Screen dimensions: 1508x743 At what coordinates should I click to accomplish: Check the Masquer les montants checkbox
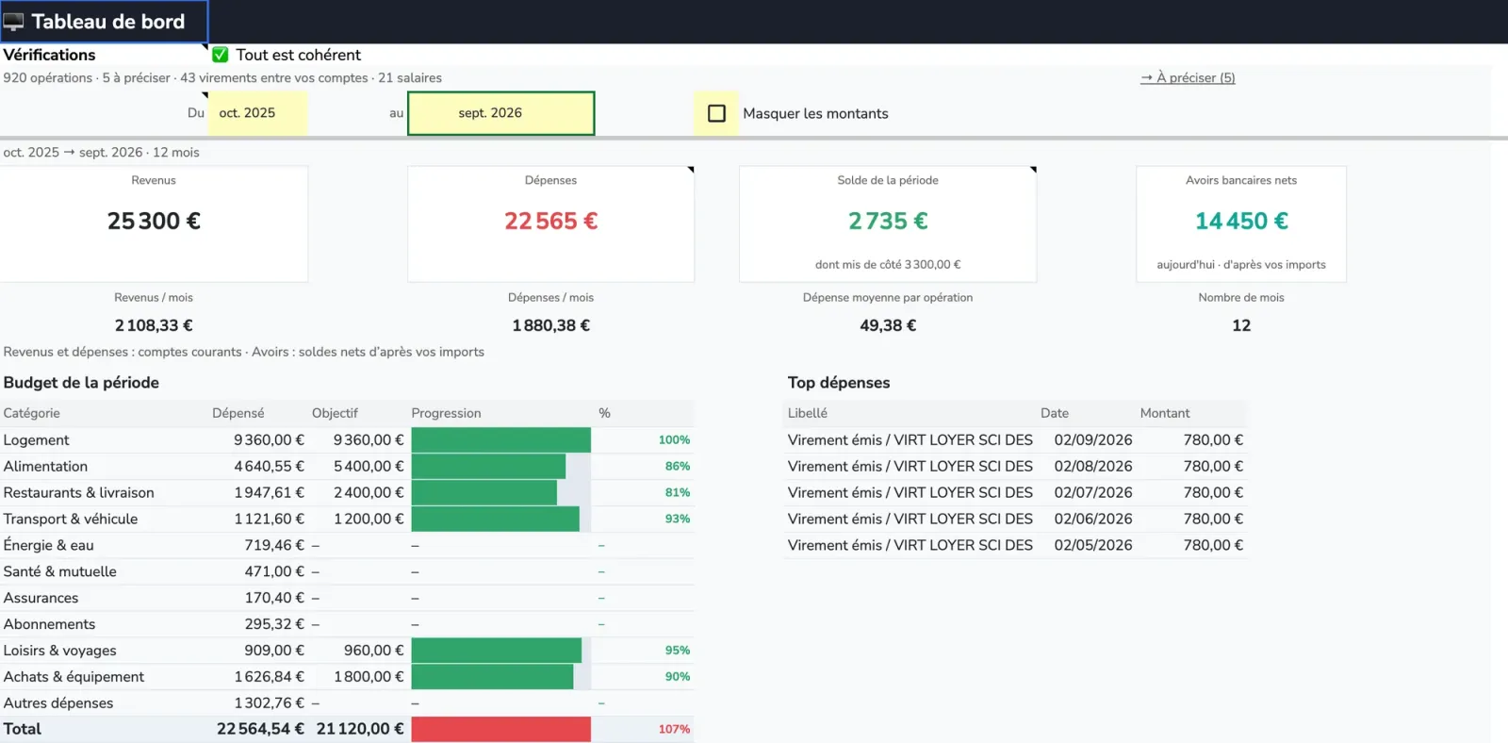click(x=716, y=113)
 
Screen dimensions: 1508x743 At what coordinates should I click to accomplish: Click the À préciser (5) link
click(x=1188, y=77)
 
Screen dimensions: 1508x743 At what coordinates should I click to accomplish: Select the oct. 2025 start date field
click(x=257, y=113)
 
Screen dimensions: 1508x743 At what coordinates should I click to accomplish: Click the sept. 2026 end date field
click(x=500, y=113)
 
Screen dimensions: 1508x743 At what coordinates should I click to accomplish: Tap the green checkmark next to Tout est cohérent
click(x=221, y=55)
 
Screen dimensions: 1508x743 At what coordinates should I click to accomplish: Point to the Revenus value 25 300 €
click(x=154, y=221)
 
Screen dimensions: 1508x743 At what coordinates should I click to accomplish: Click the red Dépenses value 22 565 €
click(x=550, y=221)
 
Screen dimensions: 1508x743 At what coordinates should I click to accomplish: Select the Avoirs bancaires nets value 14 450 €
click(x=1241, y=221)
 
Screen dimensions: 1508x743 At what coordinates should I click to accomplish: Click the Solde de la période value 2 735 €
click(x=887, y=221)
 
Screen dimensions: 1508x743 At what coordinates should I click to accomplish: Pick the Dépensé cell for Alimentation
click(x=269, y=466)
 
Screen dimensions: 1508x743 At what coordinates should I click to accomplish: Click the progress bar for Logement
click(x=500, y=440)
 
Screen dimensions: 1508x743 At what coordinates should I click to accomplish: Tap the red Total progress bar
click(x=500, y=729)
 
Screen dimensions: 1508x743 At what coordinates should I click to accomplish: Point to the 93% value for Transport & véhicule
click(x=678, y=519)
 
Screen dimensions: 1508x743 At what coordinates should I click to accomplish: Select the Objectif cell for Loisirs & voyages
click(x=373, y=650)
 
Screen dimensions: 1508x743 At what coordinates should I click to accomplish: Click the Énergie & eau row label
click(x=48, y=545)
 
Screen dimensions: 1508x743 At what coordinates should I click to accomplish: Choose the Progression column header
click(x=446, y=413)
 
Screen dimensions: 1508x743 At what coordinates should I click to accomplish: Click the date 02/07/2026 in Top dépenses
click(x=1092, y=492)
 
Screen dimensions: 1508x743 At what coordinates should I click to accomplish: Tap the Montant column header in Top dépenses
click(x=1165, y=413)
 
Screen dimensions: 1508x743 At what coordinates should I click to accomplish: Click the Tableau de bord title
click(x=107, y=22)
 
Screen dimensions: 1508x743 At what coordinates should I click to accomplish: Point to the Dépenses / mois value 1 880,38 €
click(x=550, y=325)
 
